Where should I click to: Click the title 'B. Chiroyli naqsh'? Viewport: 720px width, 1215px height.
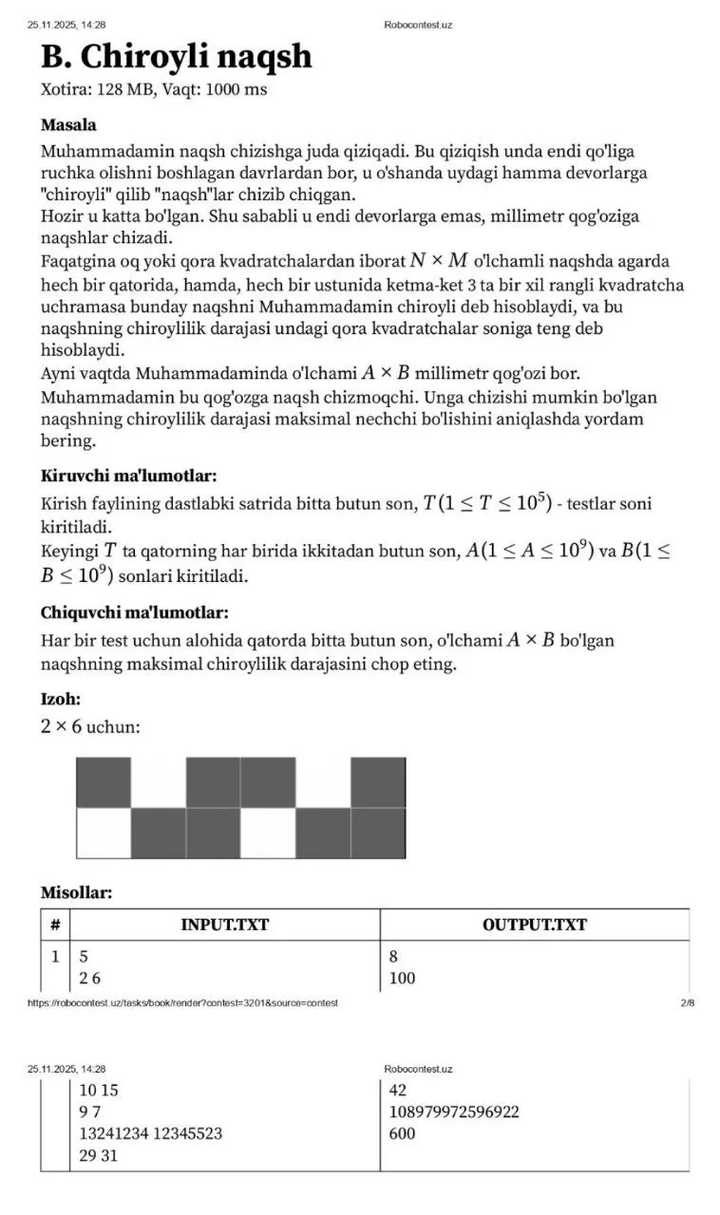pyautogui.click(x=176, y=57)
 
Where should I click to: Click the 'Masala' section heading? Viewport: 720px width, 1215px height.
pyautogui.click(x=68, y=124)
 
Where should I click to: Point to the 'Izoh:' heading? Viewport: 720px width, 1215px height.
pyautogui.click(x=61, y=700)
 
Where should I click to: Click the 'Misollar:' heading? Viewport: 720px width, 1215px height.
pyautogui.click(x=76, y=892)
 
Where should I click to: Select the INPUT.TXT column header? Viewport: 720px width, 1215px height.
pyautogui.click(x=224, y=925)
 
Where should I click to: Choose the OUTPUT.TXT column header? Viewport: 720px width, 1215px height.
pyautogui.click(x=534, y=925)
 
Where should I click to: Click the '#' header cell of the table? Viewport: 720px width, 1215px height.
pyautogui.click(x=55, y=925)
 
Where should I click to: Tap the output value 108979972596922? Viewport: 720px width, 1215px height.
pyautogui.click(x=454, y=1112)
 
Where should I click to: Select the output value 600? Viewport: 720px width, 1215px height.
pyautogui.click(x=402, y=1133)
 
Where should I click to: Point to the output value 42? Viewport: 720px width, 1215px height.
pyautogui.click(x=398, y=1090)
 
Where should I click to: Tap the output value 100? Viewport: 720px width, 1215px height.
pyautogui.click(x=402, y=978)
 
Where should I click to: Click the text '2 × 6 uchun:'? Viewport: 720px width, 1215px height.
pyautogui.click(x=90, y=727)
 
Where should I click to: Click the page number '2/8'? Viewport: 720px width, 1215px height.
pyautogui.click(x=687, y=1003)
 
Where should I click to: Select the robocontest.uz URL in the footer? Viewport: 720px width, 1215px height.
pyautogui.click(x=182, y=1003)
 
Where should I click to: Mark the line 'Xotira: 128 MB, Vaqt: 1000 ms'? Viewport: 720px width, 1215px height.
pyautogui.click(x=154, y=90)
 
